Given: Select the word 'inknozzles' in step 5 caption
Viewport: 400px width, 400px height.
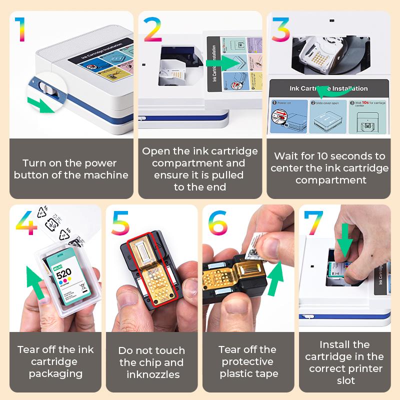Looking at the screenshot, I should click(x=151, y=374).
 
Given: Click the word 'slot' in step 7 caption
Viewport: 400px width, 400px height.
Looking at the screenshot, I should click(x=345, y=380).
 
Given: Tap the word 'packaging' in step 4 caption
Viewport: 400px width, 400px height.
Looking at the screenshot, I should click(x=55, y=373).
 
